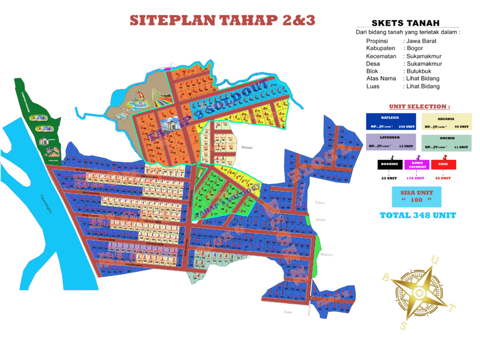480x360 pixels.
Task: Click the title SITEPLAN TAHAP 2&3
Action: tap(222, 20)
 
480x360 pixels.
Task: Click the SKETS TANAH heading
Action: tap(405, 23)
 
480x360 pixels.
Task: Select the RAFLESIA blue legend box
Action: tap(390, 121)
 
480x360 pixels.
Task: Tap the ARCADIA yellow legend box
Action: tap(446, 121)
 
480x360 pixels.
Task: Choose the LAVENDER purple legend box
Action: tap(390, 142)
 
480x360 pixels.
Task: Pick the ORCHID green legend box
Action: tap(446, 142)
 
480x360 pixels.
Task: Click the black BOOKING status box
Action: tap(390, 165)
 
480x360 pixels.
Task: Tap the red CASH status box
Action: tap(443, 165)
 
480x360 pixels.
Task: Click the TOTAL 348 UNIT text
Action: tap(418, 216)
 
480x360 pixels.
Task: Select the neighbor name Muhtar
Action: tap(326, 255)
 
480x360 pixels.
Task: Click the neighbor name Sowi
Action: tap(288, 312)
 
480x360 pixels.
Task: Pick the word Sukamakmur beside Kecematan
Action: tap(424, 56)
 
